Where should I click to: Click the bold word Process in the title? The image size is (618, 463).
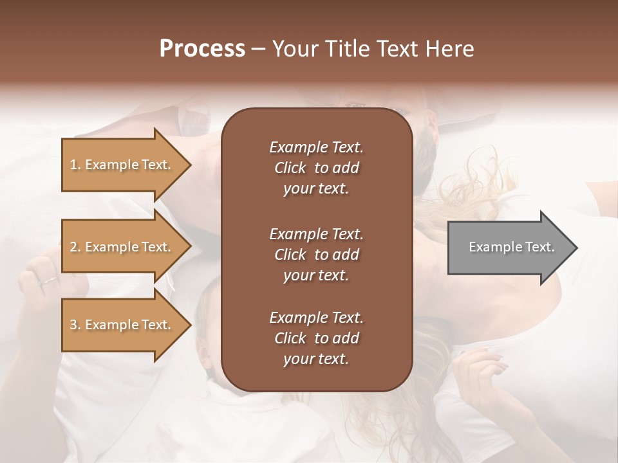[202, 49]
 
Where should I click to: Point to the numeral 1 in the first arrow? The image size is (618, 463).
[73, 165]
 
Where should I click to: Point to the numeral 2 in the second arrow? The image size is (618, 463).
[73, 247]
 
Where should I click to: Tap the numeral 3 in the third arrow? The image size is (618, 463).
[73, 325]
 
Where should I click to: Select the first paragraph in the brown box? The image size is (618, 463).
[316, 168]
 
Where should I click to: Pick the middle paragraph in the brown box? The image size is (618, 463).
[316, 254]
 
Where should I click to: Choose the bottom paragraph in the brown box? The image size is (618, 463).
[316, 338]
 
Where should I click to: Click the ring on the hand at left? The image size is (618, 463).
[49, 280]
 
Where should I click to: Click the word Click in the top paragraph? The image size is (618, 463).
[290, 168]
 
